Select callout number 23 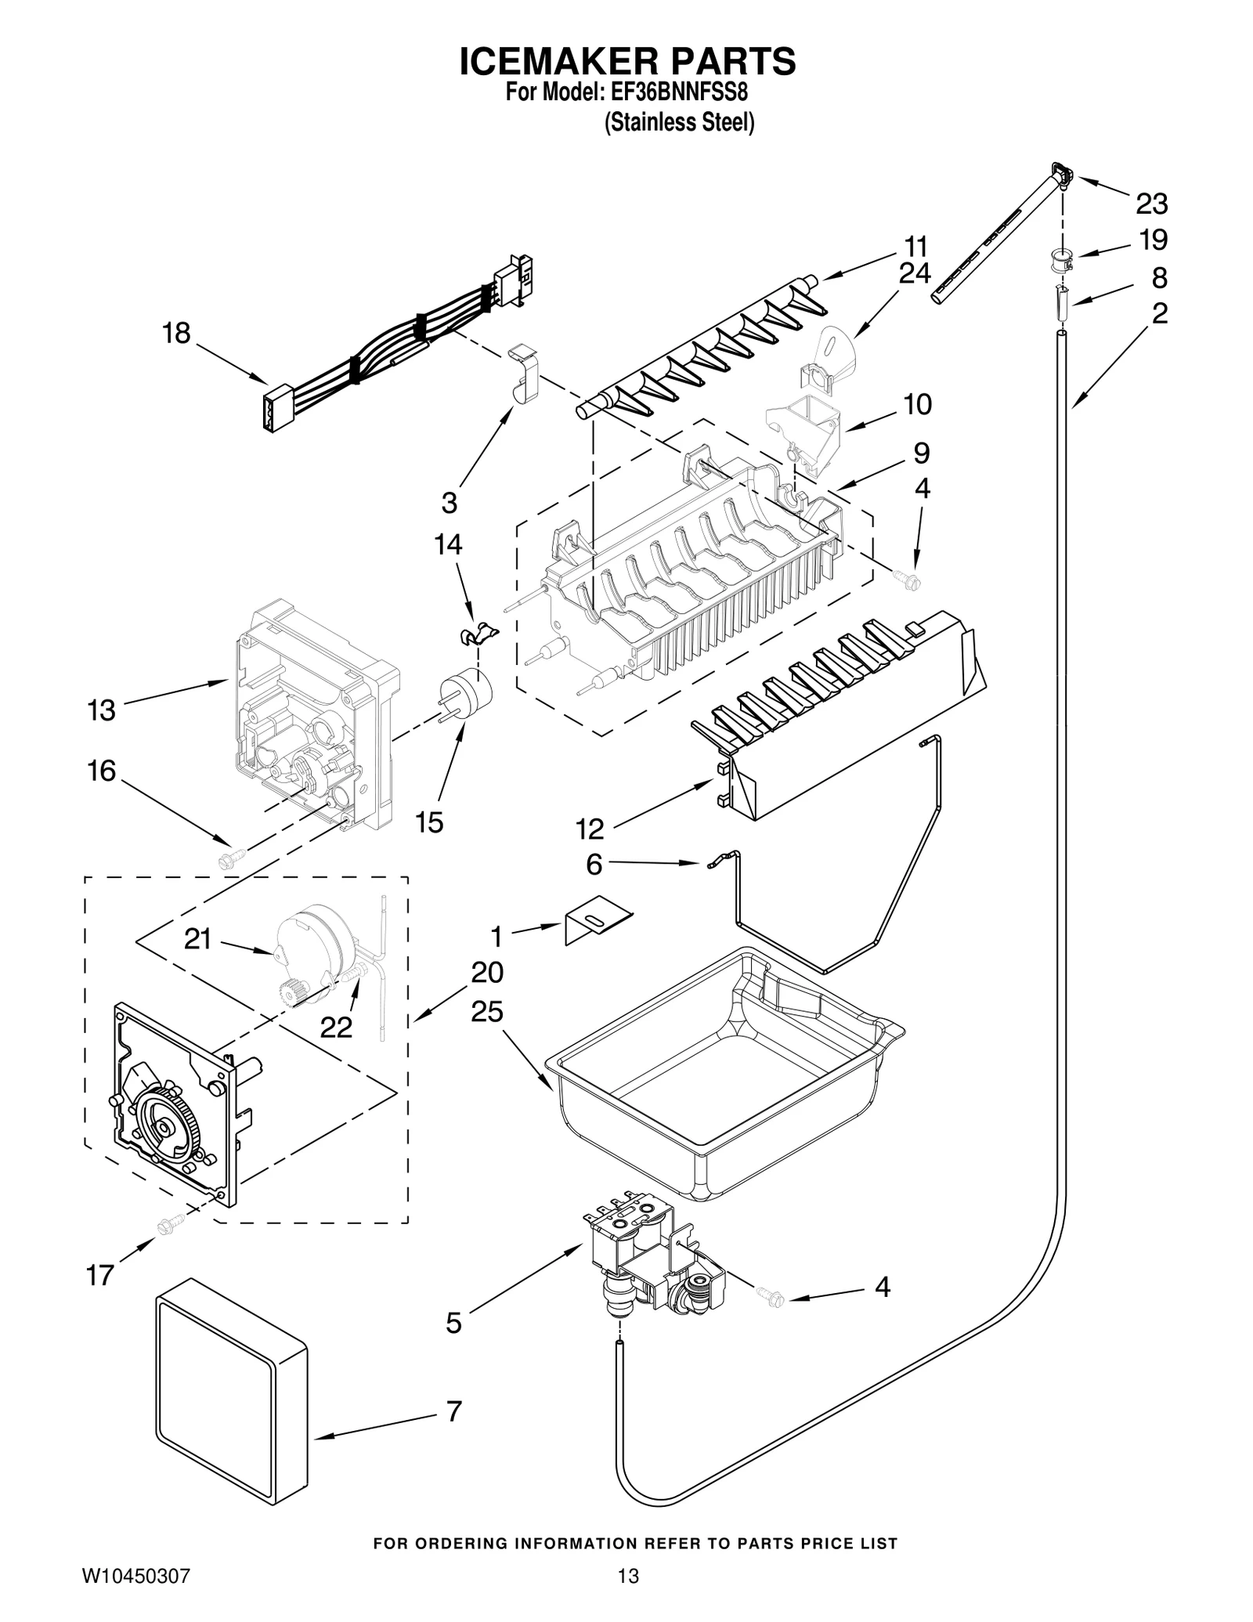(x=1151, y=204)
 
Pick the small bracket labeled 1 (x=598, y=917)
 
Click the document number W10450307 (x=136, y=1577)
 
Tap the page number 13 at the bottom (x=627, y=1577)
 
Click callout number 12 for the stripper (x=590, y=828)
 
